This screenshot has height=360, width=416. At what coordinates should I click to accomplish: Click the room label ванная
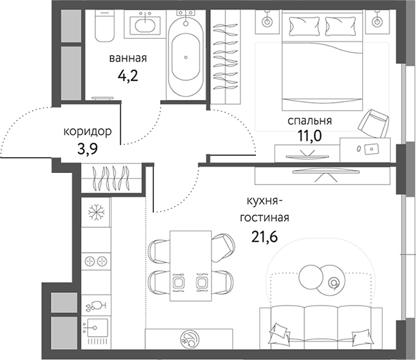point(128,59)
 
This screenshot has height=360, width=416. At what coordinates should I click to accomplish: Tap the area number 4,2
point(128,75)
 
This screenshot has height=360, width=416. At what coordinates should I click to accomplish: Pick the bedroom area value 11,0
point(309,136)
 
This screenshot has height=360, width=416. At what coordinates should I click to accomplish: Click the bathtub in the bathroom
point(185,57)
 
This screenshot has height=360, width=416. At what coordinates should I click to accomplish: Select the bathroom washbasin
point(145,25)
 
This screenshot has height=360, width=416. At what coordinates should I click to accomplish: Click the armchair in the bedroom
point(374,123)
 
